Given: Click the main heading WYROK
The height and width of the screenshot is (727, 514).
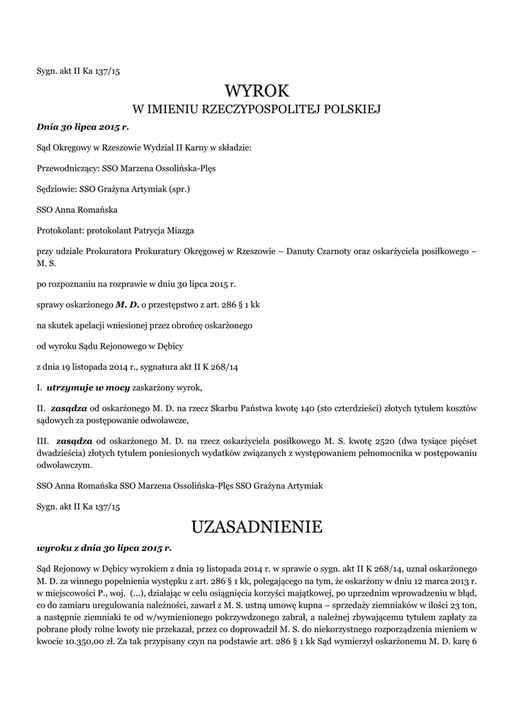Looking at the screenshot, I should coord(257,91).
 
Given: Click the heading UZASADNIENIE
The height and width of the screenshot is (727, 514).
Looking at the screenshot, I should coord(257,527).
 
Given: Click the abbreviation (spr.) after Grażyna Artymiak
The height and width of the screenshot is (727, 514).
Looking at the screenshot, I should coord(177,190).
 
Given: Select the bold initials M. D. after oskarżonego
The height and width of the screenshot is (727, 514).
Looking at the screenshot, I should coord(128,305).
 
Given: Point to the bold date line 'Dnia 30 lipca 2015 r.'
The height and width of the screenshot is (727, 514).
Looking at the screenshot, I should coord(82,128).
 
